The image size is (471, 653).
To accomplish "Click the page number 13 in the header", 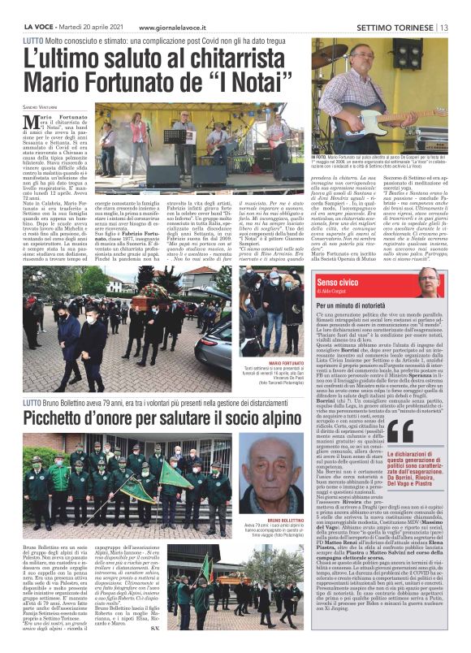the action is (445, 27).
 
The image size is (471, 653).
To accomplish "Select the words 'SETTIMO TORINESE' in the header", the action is (395, 27).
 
